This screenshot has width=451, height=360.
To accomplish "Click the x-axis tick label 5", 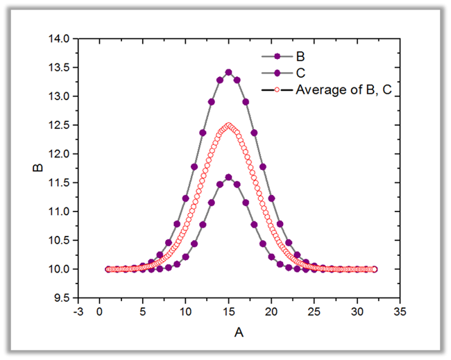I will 142,312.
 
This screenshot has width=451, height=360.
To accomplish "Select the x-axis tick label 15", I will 228,312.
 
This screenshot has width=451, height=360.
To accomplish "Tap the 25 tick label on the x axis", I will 314,312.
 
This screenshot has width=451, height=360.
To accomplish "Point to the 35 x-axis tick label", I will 400,312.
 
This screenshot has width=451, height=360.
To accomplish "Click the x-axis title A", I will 239,333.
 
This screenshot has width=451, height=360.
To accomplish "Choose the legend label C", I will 300,72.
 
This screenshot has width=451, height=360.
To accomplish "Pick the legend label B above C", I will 300,56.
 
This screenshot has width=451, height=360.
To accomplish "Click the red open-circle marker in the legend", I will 278,89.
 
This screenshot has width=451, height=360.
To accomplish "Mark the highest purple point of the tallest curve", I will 228,72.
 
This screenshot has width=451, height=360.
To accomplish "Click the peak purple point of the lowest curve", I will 228,177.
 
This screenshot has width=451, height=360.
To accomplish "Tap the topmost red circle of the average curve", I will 228,126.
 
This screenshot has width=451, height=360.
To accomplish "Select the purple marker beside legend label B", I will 278,56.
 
